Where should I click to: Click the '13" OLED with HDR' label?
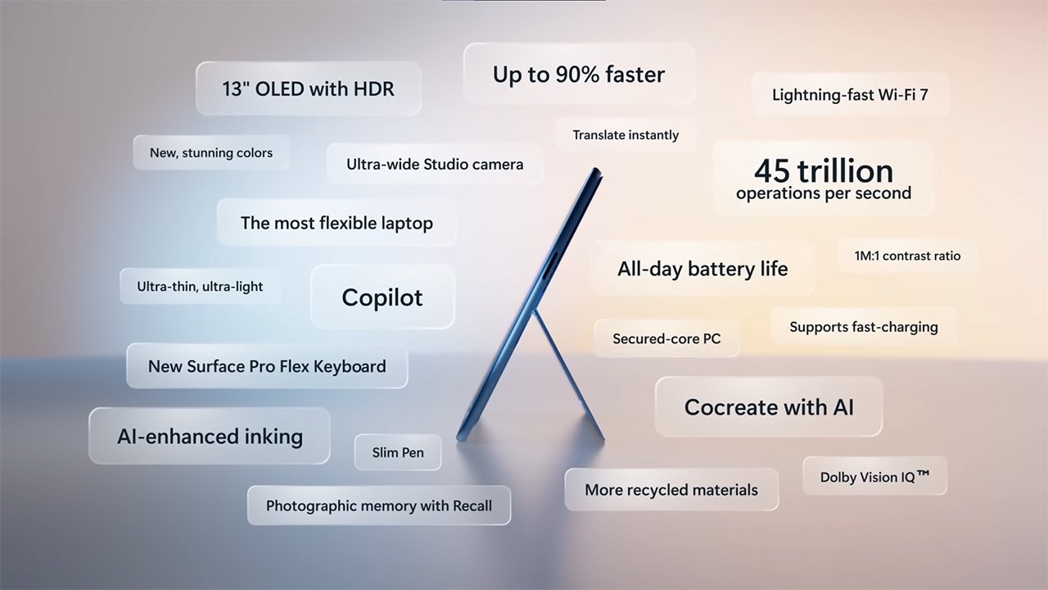[309, 88]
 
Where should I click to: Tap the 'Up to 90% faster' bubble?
[579, 74]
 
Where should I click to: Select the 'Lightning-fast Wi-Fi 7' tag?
[850, 94]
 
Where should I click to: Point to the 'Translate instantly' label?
[626, 135]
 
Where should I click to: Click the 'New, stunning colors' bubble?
[211, 152]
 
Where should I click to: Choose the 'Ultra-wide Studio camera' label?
[435, 164]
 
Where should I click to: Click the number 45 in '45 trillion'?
[772, 170]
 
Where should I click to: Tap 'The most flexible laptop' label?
[337, 222]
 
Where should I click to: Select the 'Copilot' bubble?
[382, 297]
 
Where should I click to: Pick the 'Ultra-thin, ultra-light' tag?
[200, 286]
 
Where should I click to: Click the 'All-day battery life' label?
[702, 268]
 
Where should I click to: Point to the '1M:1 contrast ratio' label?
[907, 256]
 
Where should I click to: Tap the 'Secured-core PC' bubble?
[666, 338]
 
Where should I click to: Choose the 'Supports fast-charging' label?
[864, 326]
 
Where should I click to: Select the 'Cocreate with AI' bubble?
[769, 406]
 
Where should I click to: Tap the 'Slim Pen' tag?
[398, 452]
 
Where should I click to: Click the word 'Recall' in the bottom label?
[472, 506]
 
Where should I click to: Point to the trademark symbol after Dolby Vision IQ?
[923, 474]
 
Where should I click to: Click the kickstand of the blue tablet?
[568, 374]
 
